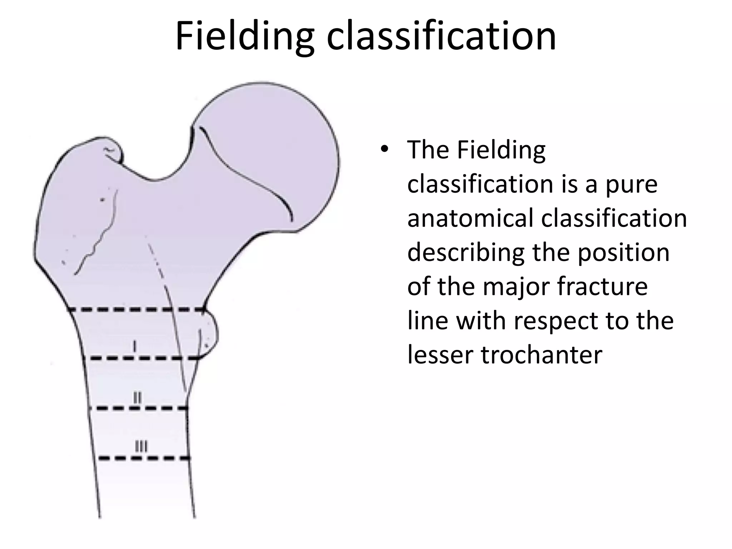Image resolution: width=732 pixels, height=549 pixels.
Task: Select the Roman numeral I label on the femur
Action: [134, 346]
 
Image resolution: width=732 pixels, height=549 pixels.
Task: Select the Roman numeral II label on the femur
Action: [137, 397]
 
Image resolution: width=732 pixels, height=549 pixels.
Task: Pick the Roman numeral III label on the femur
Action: [141, 446]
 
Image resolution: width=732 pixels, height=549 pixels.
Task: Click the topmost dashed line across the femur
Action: [136, 309]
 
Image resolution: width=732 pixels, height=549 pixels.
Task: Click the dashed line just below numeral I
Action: [141, 358]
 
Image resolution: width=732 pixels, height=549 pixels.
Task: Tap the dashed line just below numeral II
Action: [138, 408]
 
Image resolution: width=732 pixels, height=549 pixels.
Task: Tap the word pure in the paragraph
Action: [631, 185]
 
